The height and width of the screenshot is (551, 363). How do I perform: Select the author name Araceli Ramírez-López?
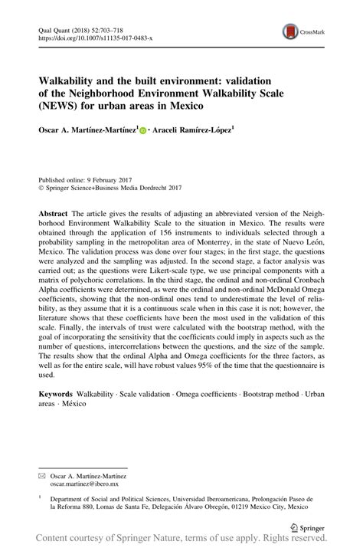(x=194, y=131)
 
